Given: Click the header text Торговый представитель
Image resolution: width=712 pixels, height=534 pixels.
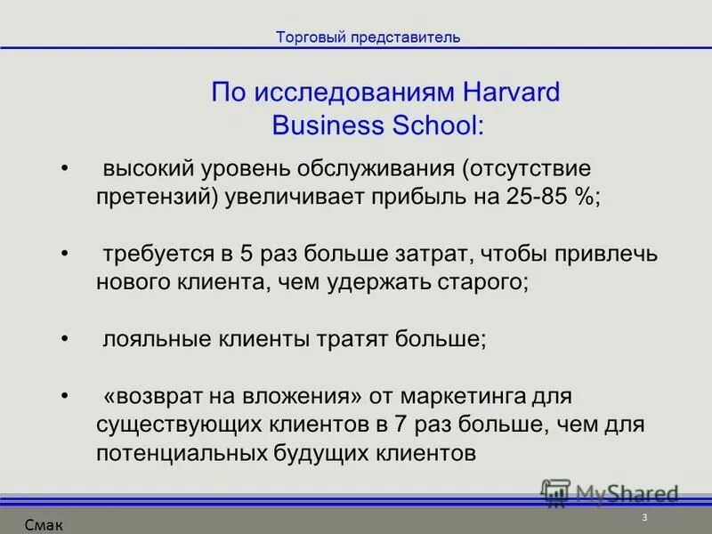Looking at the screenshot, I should [368, 37].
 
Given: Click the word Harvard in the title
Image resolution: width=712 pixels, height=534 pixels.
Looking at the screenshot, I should [512, 93].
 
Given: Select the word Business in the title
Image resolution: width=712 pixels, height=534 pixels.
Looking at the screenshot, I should [327, 125].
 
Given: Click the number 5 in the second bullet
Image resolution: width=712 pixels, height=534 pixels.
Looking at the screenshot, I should [247, 255].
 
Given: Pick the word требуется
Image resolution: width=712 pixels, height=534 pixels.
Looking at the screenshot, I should [155, 255].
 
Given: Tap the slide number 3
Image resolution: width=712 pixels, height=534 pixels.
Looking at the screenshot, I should [643, 518].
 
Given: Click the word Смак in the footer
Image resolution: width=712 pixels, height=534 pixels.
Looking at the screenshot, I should [44, 525].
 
